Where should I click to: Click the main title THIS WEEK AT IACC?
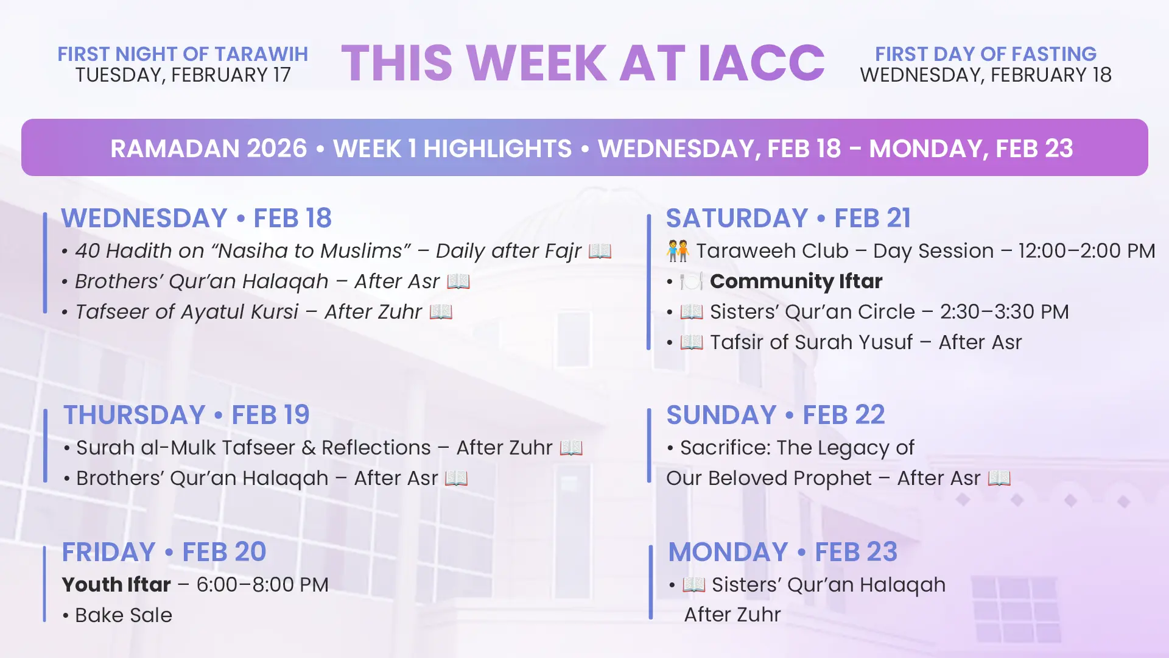tap(583, 63)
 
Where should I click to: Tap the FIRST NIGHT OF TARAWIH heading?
tap(183, 54)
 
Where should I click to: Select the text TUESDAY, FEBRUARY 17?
tap(183, 75)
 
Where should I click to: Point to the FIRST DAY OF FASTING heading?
tap(986, 54)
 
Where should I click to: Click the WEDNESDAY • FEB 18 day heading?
tap(196, 218)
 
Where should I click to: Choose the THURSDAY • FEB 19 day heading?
tap(186, 415)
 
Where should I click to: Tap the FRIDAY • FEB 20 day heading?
tap(164, 552)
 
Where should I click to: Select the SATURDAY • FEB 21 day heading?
tap(788, 218)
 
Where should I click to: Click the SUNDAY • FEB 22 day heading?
tap(776, 415)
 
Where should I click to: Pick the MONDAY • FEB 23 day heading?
tap(783, 552)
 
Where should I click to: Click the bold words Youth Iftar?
tap(116, 585)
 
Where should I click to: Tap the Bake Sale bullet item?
tap(118, 615)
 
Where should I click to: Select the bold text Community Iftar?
tap(796, 281)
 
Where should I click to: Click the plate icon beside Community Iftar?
tap(692, 281)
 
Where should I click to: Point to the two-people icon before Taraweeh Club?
tap(678, 251)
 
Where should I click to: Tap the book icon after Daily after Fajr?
tap(600, 251)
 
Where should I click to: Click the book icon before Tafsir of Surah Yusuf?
tap(692, 342)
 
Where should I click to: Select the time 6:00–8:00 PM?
tap(262, 585)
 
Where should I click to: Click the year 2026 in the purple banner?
tap(276, 149)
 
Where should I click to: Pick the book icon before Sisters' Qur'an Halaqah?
tap(694, 585)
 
